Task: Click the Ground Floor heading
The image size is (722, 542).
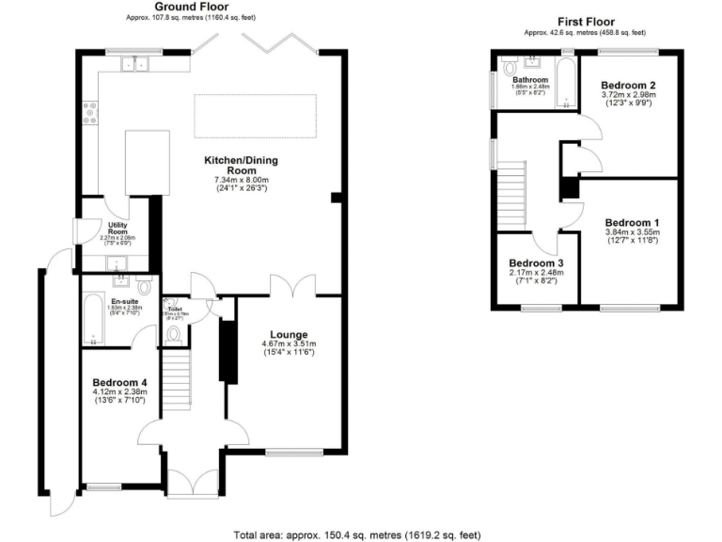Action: click(x=193, y=7)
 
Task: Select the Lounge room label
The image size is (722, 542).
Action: click(x=290, y=333)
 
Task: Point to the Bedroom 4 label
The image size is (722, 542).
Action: click(x=119, y=382)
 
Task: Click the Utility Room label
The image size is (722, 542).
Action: click(x=118, y=227)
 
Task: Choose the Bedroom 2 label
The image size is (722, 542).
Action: click(x=628, y=85)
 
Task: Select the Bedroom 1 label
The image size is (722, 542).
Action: click(x=631, y=222)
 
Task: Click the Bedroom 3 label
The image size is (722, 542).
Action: click(x=536, y=263)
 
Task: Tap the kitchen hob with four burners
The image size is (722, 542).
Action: click(x=91, y=113)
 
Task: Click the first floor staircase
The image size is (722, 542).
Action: click(x=509, y=192)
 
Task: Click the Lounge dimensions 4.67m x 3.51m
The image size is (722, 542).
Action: click(x=290, y=344)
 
